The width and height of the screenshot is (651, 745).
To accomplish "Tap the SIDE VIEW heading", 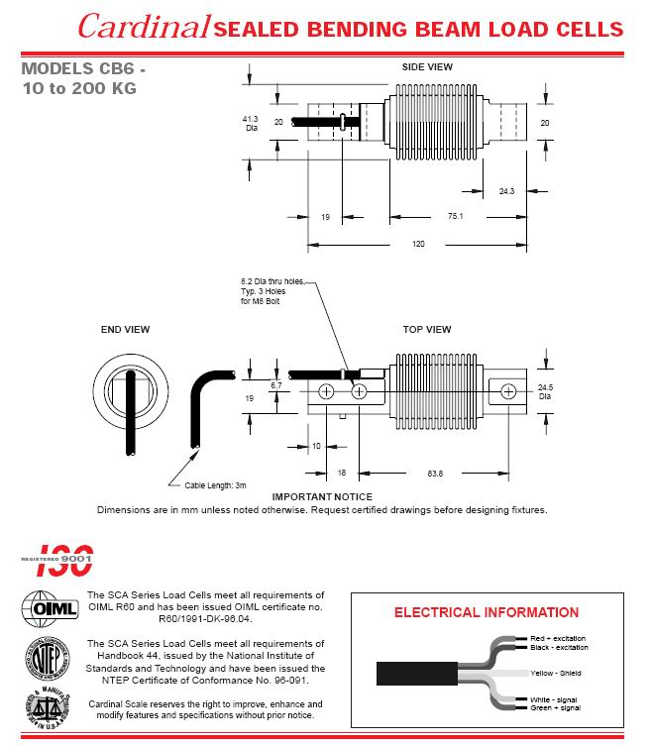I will pyautogui.click(x=426, y=67).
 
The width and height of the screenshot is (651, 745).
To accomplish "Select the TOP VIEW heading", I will pyautogui.click(x=426, y=329).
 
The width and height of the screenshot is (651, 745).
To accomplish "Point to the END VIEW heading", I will pyautogui.click(x=126, y=329).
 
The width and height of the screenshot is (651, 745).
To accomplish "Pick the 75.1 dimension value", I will pyautogui.click(x=456, y=214).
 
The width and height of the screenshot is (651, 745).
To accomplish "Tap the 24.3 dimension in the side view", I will pyautogui.click(x=507, y=191).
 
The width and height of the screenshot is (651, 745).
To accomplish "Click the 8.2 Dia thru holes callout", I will pyautogui.click(x=271, y=291).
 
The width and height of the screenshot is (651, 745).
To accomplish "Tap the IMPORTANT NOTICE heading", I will pyautogui.click(x=322, y=496).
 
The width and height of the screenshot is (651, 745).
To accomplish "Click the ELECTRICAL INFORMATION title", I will pyautogui.click(x=487, y=612).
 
